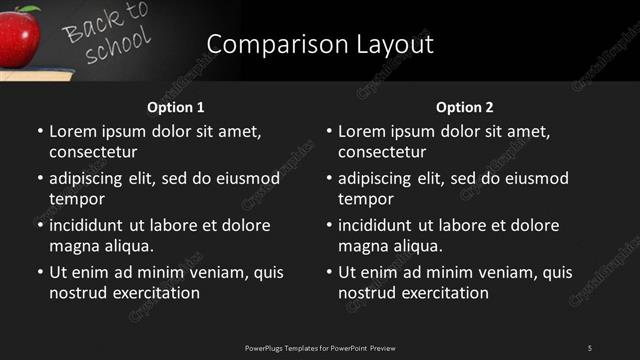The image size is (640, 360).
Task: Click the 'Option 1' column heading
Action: click(175, 107)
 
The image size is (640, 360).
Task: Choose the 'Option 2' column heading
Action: click(464, 107)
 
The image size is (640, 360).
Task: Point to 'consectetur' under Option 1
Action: click(92, 152)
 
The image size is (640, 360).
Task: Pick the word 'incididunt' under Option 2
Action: click(375, 225)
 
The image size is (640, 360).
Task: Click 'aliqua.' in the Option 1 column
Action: click(127, 246)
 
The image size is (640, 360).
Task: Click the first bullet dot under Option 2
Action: click(328, 132)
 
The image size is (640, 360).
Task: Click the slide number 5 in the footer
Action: click(590, 347)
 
